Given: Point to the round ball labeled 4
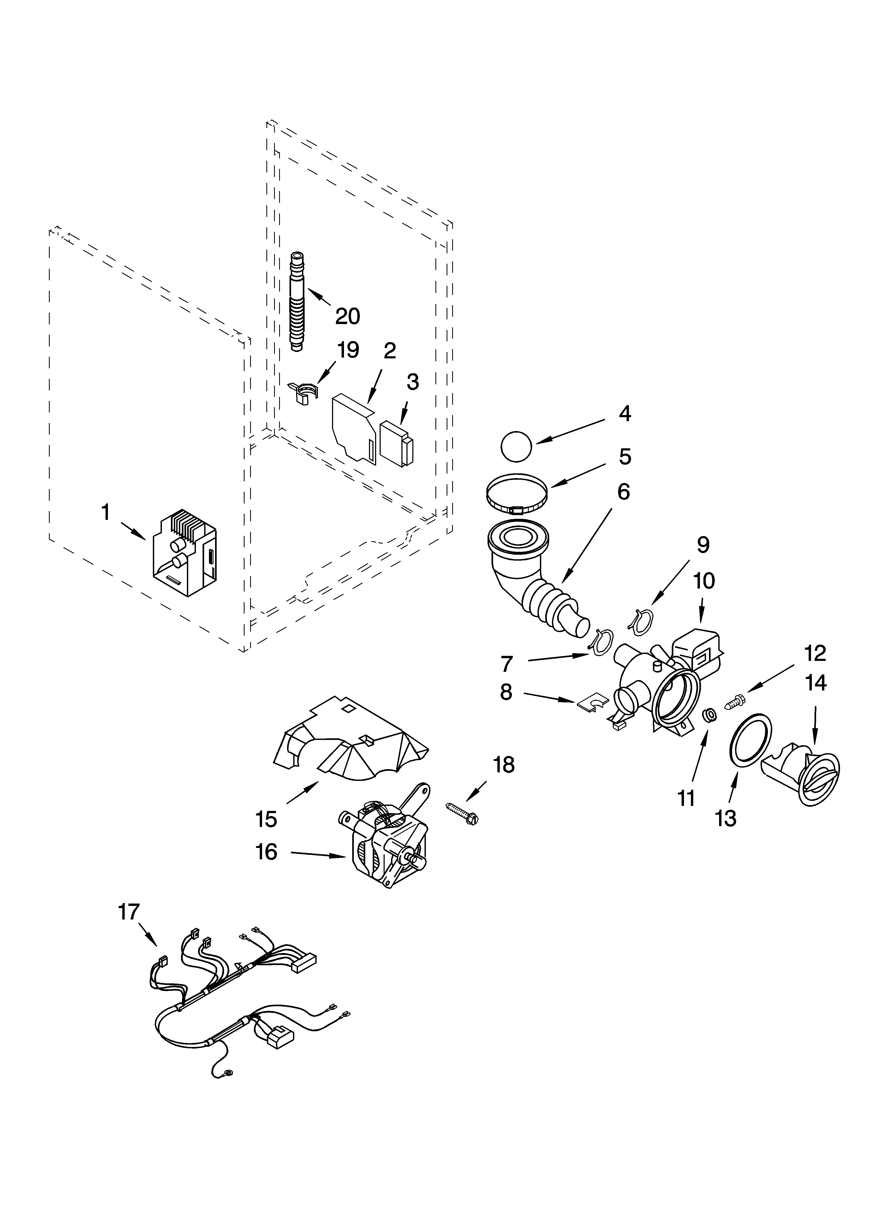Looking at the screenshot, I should [517, 446].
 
